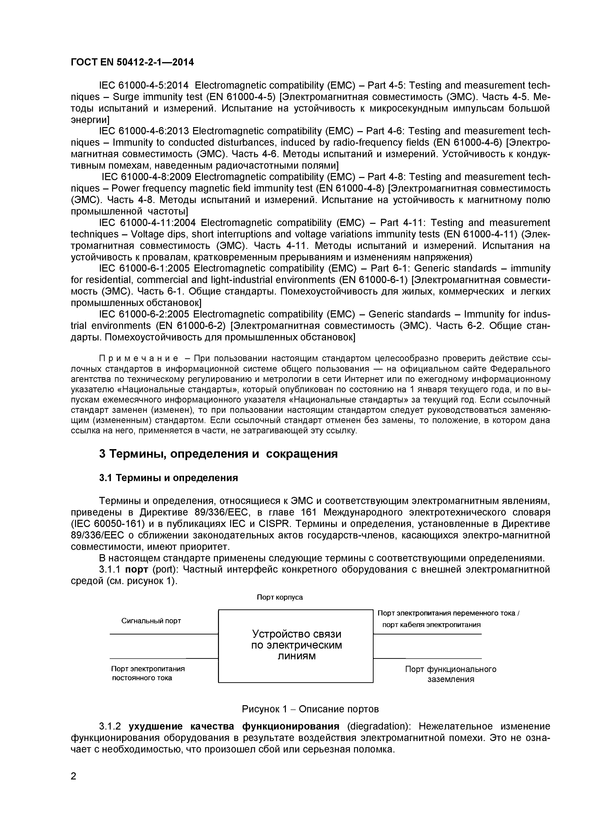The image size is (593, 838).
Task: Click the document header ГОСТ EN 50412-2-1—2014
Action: click(132, 62)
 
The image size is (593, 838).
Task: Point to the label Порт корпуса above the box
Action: click(280, 597)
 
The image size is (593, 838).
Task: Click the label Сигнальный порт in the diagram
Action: click(151, 621)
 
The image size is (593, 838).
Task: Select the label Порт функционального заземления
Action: click(451, 674)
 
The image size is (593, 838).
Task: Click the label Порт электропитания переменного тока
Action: click(448, 613)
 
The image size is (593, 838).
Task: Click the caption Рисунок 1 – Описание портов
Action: click(310, 709)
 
